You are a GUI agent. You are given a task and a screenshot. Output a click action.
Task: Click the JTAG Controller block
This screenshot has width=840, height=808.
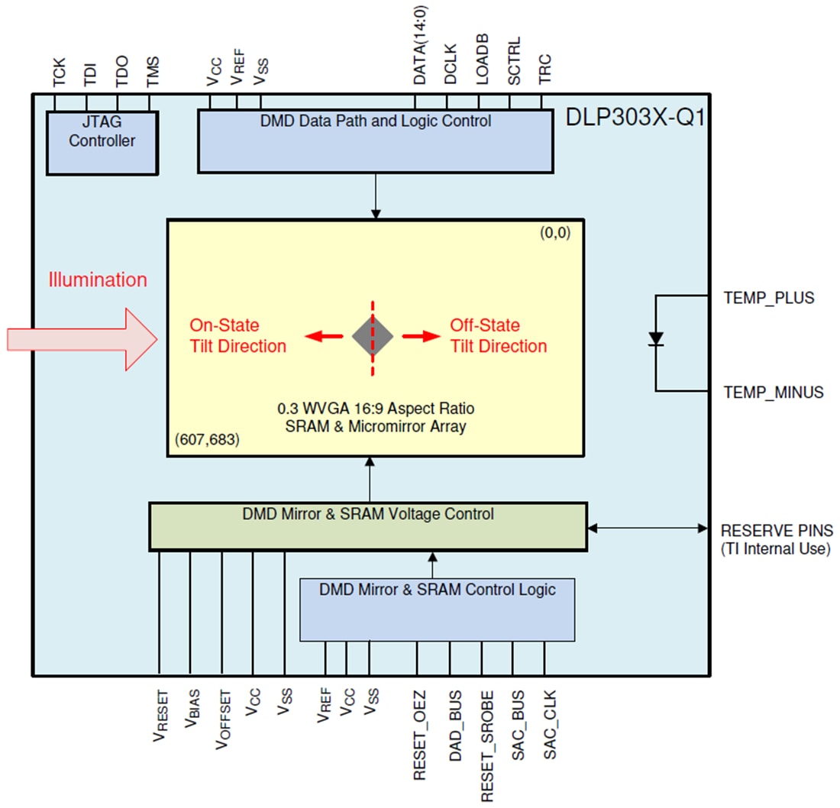[x=102, y=141]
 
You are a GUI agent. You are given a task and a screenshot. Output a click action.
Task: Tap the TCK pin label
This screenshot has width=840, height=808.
[x=59, y=73]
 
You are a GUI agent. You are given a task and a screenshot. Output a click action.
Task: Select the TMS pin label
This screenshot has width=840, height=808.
[x=153, y=73]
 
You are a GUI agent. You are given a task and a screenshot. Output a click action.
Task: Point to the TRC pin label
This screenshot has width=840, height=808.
[x=545, y=71]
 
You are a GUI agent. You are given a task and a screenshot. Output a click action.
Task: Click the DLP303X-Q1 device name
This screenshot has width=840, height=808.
[x=635, y=118]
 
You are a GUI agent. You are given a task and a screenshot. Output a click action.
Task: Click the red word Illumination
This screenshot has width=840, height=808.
[x=98, y=280]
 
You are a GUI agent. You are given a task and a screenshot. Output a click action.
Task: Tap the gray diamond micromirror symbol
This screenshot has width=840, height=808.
[x=373, y=337]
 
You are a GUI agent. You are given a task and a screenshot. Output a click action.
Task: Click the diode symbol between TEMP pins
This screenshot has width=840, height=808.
[x=655, y=338]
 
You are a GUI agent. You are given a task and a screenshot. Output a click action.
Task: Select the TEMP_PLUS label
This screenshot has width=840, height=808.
[x=768, y=298]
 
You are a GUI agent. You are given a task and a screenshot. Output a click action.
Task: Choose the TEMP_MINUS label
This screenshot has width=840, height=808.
[x=773, y=393]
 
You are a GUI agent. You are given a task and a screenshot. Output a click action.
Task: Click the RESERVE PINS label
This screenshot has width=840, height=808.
[x=777, y=530]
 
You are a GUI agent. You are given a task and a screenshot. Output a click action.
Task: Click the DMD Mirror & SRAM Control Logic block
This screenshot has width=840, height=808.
[x=437, y=609]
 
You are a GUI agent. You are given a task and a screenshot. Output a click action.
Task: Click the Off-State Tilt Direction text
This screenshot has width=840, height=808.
[x=498, y=336]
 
